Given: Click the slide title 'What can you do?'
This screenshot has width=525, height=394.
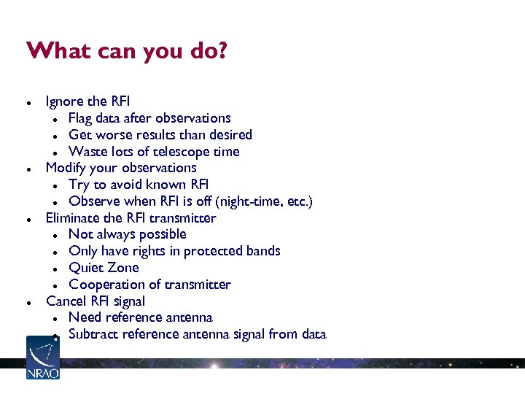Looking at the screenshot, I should [x=127, y=52].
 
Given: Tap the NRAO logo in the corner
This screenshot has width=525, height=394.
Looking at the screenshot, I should [x=42, y=358].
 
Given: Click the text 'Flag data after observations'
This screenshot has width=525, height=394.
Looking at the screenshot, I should [x=149, y=118].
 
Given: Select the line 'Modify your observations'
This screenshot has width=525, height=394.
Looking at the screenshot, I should [x=121, y=168].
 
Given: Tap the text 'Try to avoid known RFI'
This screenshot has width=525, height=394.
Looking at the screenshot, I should [x=139, y=185].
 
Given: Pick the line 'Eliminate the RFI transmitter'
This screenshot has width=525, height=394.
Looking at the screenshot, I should [x=131, y=217].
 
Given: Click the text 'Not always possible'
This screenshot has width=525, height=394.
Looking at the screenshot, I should [x=128, y=234].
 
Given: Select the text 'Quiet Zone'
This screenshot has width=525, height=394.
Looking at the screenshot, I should [x=104, y=268].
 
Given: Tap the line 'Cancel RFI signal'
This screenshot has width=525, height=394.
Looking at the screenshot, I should [x=96, y=301].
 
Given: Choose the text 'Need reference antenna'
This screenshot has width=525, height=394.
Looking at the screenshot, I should [x=141, y=317].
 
